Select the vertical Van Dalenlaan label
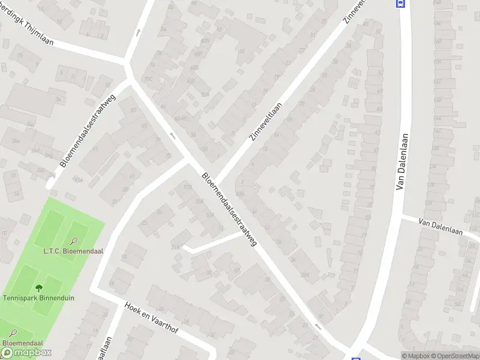(x=403, y=162)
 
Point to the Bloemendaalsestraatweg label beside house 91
(x=87, y=129)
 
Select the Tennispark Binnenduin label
(x=38, y=298)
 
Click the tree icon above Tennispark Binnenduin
(x=39, y=288)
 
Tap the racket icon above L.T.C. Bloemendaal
(x=73, y=242)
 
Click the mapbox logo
(x=26, y=353)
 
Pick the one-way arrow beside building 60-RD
(x=173, y=136)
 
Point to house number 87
(x=133, y=109)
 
